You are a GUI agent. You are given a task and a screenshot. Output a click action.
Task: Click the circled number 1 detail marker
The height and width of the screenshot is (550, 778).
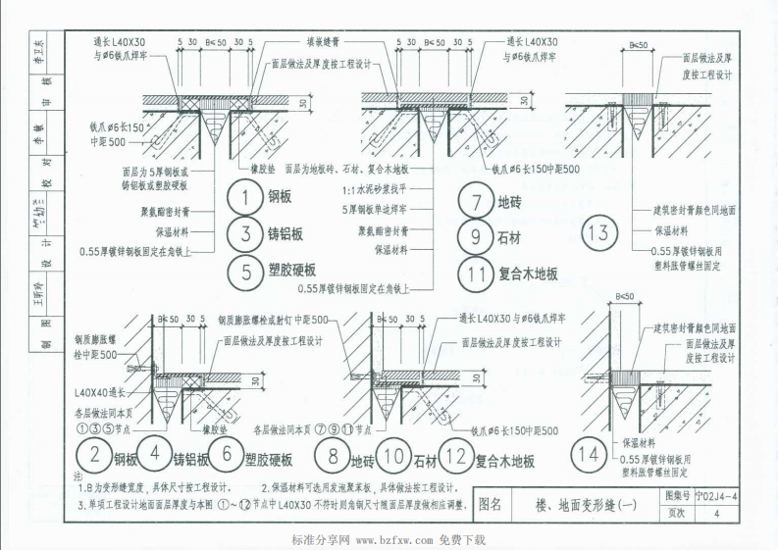coord(242,199)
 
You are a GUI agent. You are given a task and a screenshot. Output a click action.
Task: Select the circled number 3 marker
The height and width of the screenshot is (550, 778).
coord(242,233)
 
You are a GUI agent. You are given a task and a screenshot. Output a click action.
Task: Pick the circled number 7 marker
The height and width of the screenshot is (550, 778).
coord(475,203)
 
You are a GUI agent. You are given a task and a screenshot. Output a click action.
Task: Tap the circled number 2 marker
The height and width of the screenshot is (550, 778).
coord(93,456)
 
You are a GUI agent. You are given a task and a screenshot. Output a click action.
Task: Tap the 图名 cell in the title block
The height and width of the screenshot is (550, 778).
coord(490,506)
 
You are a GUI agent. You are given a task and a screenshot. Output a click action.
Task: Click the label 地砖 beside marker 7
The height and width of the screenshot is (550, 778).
coord(512,204)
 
